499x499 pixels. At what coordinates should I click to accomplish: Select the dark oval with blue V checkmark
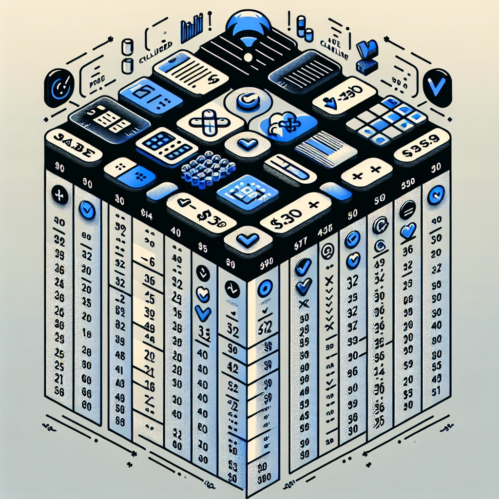click(437, 88)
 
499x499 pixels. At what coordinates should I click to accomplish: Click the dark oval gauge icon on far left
click(58, 88)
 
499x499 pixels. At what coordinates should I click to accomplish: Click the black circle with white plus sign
click(60, 196)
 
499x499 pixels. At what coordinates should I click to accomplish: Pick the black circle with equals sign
click(406, 210)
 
